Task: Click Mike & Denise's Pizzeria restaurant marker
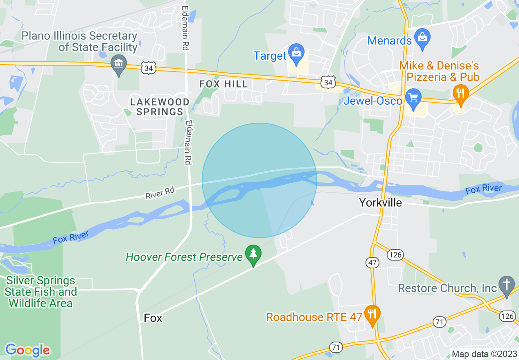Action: (x=460, y=94)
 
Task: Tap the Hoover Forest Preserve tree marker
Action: (x=253, y=254)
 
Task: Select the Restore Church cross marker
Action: (x=507, y=285)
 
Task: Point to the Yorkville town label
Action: (x=380, y=202)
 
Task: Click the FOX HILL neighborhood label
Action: (x=223, y=84)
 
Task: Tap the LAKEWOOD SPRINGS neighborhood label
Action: (x=160, y=106)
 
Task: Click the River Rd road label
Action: (x=160, y=193)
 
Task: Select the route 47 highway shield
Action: (x=372, y=263)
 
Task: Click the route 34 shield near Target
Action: (x=328, y=82)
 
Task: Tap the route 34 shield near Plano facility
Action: (x=149, y=68)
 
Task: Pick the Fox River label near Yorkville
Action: (x=483, y=189)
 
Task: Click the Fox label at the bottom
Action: (x=153, y=318)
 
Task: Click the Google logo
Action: (x=27, y=350)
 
